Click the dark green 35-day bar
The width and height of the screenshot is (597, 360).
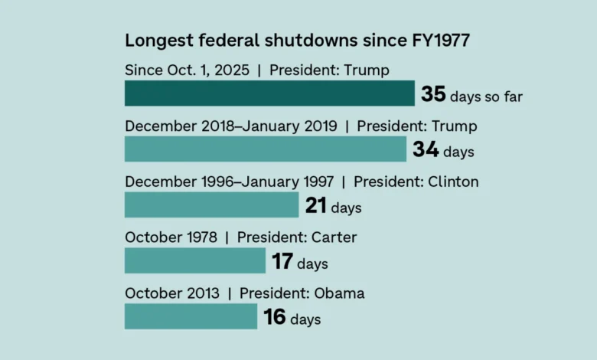coord(269,93)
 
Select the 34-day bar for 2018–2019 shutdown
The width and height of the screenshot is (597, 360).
coord(266,149)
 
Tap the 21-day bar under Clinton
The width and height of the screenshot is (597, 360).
coord(211,205)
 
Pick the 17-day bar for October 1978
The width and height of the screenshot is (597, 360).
coord(195,260)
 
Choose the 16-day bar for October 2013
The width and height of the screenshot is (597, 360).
coord(191,316)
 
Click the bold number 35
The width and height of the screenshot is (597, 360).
coord(433,94)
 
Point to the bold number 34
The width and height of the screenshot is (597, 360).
coord(426,150)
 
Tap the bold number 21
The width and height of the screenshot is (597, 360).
coord(316,205)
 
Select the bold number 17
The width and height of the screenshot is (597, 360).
coord(282,262)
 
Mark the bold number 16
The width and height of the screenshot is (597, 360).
coord(275,317)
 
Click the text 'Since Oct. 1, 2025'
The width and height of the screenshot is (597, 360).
coord(187,70)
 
